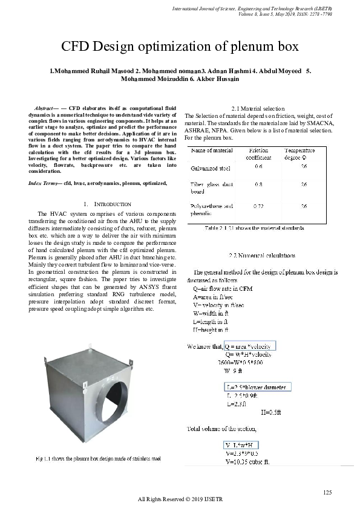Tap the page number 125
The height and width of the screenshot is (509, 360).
click(x=327, y=492)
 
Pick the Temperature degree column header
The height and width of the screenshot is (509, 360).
click(x=299, y=154)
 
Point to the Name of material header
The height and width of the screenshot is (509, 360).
click(x=212, y=150)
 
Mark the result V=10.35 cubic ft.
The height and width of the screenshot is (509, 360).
click(x=247, y=462)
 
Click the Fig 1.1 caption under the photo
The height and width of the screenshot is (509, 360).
click(x=98, y=459)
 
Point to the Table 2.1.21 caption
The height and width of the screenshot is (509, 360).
click(x=254, y=229)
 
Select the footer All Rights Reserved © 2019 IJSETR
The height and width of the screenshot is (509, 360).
click(x=180, y=499)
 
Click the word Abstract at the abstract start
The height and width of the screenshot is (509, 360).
click(x=46, y=108)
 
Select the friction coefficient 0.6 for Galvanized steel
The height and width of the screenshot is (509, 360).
click(x=258, y=166)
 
